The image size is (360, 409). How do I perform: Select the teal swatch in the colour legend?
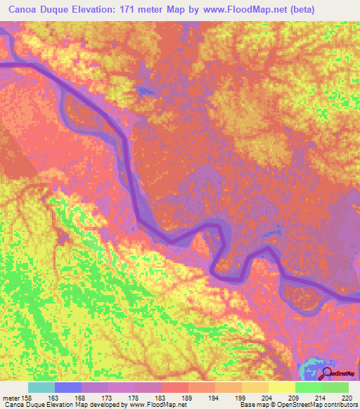point(41,387)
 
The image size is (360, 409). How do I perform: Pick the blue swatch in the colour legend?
point(68,387)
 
